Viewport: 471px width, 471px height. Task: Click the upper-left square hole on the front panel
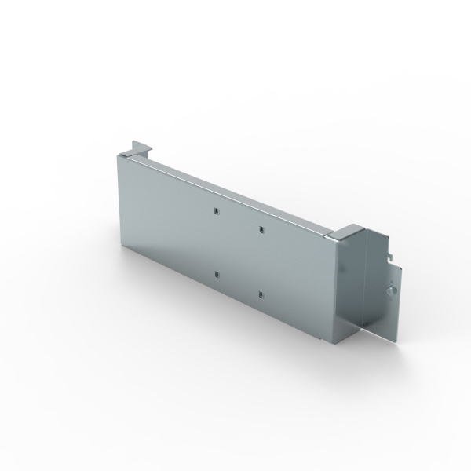point(214,210)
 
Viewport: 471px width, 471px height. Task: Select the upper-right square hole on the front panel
point(260,229)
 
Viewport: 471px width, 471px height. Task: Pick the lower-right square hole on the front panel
point(260,295)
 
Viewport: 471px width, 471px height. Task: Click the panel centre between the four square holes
point(236,252)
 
